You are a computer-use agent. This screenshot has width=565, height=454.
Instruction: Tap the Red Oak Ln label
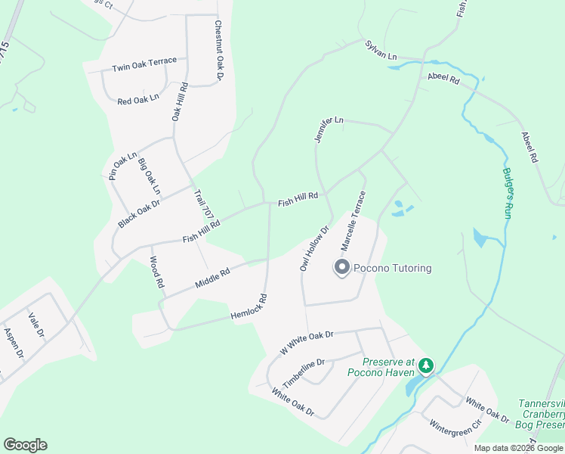(x=138, y=99)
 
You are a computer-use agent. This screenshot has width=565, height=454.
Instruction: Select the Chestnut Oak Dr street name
(x=219, y=50)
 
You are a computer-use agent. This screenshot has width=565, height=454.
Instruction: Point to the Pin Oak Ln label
(x=122, y=166)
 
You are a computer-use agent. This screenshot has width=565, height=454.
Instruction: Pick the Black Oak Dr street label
(x=140, y=213)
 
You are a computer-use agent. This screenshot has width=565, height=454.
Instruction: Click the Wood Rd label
(x=156, y=273)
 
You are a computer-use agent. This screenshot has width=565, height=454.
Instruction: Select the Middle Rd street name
(x=211, y=278)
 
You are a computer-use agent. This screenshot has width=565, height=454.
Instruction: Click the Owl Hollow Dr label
(x=315, y=247)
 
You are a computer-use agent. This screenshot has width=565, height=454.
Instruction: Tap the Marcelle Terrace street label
(x=353, y=221)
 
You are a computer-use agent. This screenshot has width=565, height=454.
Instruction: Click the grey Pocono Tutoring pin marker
(x=341, y=268)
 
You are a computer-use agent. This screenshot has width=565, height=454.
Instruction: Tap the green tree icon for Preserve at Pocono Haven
(x=427, y=366)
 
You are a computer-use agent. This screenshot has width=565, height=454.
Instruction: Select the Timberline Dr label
(x=303, y=372)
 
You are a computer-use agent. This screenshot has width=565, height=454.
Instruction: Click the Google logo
(x=25, y=445)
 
